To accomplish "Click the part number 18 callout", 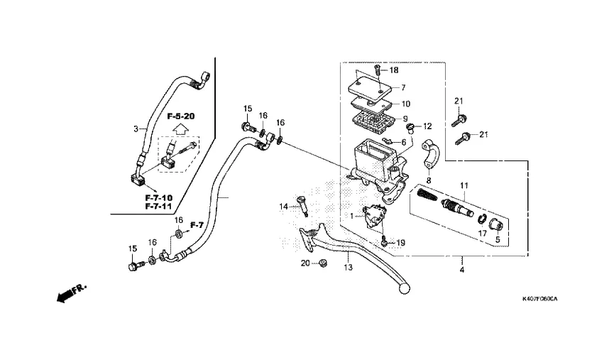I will pos(394,70).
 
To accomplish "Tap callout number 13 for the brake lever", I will pos(348,268).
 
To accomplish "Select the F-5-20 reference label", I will pos(181,116).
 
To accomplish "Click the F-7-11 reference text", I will pos(158,206).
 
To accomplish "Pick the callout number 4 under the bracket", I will pos(461,271).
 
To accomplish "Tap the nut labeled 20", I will pos(321,264).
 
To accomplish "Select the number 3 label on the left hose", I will pos(136,129).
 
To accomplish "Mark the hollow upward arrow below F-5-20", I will pos(180,130).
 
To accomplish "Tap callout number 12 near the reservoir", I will pos(428,126).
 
